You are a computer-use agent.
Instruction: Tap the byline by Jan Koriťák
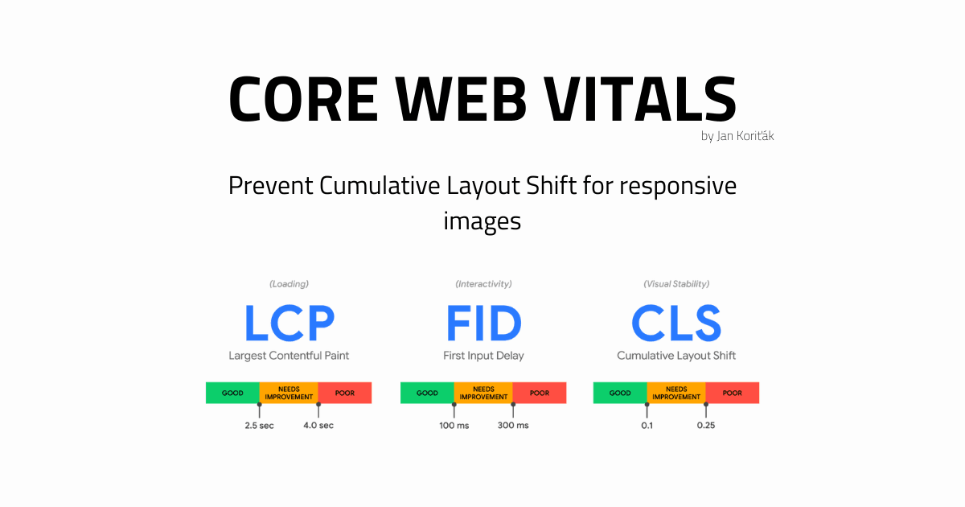tap(737, 136)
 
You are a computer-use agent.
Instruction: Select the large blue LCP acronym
tap(289, 324)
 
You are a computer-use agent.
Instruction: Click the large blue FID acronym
tap(483, 324)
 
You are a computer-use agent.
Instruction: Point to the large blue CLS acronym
tap(676, 324)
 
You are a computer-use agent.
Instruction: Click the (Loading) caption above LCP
tap(289, 284)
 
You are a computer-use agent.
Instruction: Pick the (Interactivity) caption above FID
tap(483, 284)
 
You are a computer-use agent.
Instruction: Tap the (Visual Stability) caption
tap(676, 284)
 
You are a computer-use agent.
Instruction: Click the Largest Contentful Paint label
tap(289, 355)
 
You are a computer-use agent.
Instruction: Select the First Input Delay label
tap(483, 355)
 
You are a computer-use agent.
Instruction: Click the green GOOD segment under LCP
tap(232, 393)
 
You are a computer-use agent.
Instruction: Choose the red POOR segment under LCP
tap(345, 393)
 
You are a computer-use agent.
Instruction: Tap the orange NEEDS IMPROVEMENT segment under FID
tap(483, 393)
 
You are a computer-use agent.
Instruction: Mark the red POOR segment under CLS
tap(733, 393)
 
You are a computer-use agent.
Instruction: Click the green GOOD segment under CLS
tap(620, 393)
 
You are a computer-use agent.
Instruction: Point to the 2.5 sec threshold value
tap(259, 425)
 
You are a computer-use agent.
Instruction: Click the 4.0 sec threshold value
tap(318, 425)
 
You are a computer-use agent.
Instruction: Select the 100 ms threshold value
tap(454, 425)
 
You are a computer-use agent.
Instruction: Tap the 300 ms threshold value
tap(513, 425)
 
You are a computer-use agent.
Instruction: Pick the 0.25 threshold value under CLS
tap(706, 425)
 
